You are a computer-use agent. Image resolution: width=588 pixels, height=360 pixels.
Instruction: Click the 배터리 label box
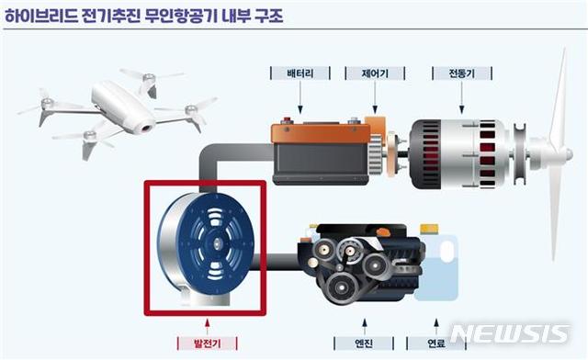(295, 72)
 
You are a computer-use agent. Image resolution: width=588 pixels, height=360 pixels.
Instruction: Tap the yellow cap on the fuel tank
(428, 229)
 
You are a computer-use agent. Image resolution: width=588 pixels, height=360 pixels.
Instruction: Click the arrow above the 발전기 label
(207, 322)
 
